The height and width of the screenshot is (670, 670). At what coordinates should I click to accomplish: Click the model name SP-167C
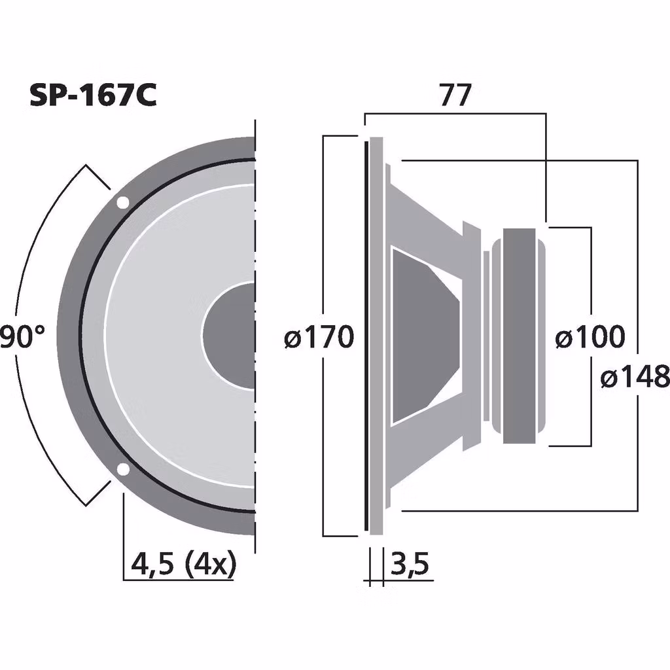tap(92, 96)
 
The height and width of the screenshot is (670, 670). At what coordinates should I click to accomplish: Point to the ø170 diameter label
tap(319, 338)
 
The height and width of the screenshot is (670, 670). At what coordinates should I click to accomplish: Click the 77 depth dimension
tap(455, 96)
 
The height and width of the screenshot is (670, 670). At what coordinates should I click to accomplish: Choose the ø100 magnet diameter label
tap(590, 338)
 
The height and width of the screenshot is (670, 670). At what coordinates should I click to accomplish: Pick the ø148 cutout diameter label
tap(635, 377)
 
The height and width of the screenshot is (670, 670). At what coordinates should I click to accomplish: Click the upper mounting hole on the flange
tap(122, 203)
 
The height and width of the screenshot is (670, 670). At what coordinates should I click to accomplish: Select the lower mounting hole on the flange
tap(122, 468)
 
